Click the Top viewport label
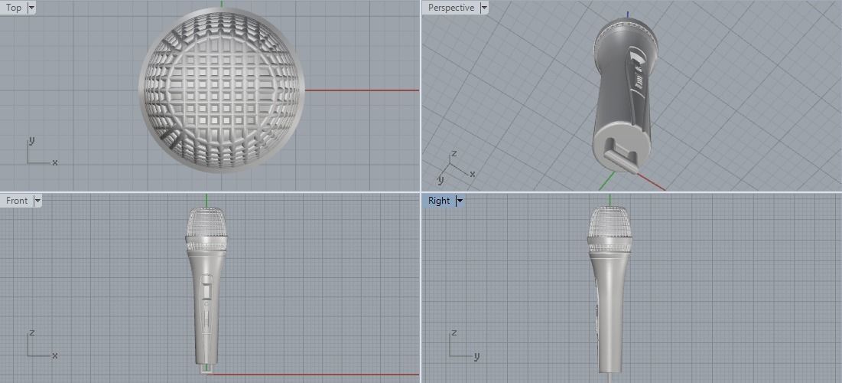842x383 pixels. [x=14, y=8]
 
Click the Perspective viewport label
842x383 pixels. [x=450, y=8]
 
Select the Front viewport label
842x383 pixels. [x=17, y=201]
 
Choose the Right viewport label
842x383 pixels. [x=439, y=201]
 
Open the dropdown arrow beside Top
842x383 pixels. [x=31, y=8]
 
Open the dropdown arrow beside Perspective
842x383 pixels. [x=483, y=8]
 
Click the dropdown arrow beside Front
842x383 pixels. [x=37, y=201]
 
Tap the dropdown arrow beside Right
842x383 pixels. [x=460, y=201]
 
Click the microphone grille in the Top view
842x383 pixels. [x=222, y=90]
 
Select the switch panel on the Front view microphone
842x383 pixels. [x=206, y=295]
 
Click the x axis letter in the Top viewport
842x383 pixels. [x=55, y=162]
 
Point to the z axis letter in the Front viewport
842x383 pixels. [x=31, y=333]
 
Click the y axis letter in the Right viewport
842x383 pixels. [x=476, y=356]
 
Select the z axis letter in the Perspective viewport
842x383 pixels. [x=454, y=153]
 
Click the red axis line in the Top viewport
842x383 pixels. [x=359, y=90]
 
